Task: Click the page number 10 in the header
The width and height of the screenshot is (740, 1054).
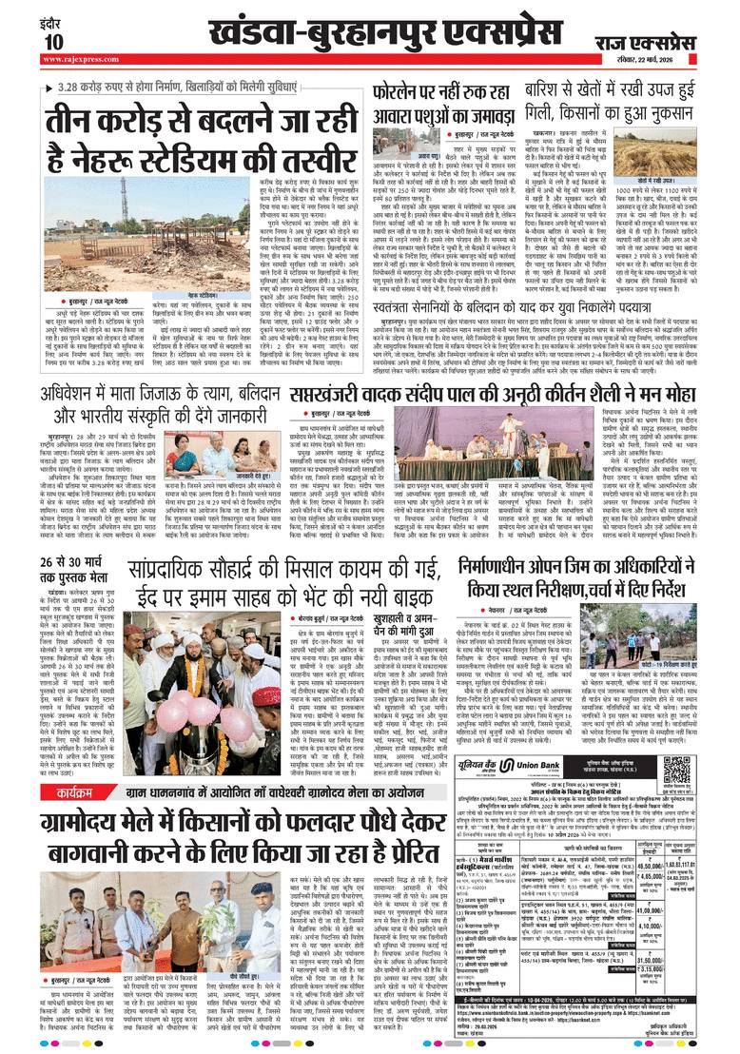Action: point(52,42)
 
